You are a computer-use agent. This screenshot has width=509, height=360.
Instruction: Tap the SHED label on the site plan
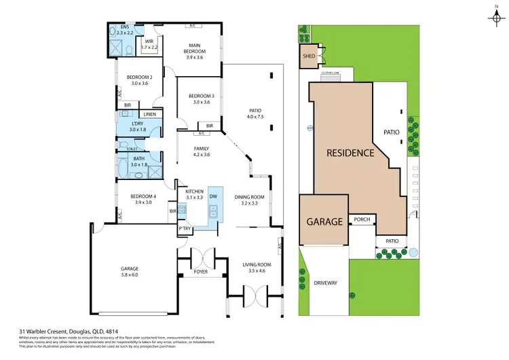tap(307, 57)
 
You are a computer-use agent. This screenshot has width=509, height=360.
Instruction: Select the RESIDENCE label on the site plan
tap(350, 153)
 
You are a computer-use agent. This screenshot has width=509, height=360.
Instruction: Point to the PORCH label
tap(359, 220)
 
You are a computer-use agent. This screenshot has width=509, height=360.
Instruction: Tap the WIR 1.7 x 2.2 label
tap(149, 44)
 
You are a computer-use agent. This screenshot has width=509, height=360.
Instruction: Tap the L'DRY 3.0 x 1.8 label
tap(138, 126)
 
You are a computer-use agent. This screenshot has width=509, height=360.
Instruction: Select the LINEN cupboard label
tap(149, 114)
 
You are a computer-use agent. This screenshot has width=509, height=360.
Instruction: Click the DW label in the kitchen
tap(213, 196)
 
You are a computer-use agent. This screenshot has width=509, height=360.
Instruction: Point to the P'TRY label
tap(184, 229)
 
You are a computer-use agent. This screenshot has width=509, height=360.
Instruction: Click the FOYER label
tap(201, 272)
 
